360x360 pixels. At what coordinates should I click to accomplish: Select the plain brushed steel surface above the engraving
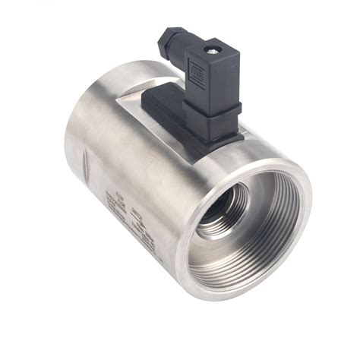click(129, 152)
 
